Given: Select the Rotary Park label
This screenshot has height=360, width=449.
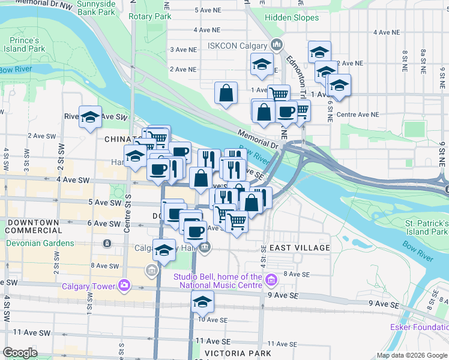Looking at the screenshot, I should [x=149, y=17].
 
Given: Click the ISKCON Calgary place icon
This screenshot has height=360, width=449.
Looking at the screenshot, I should [x=277, y=44].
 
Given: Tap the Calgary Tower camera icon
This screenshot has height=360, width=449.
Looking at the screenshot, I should [x=124, y=286].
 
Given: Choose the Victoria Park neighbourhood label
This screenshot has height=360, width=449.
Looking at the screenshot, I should [x=237, y=353].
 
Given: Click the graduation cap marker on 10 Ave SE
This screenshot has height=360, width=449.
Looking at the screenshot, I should [x=203, y=302].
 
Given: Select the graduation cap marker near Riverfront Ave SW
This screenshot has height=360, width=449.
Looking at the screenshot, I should [x=90, y=116].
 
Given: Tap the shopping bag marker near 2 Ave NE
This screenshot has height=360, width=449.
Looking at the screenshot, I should [x=226, y=93].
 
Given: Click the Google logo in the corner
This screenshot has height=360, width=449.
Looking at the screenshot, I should [x=20, y=353].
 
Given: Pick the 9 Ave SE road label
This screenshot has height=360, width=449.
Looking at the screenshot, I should [x=285, y=295].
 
